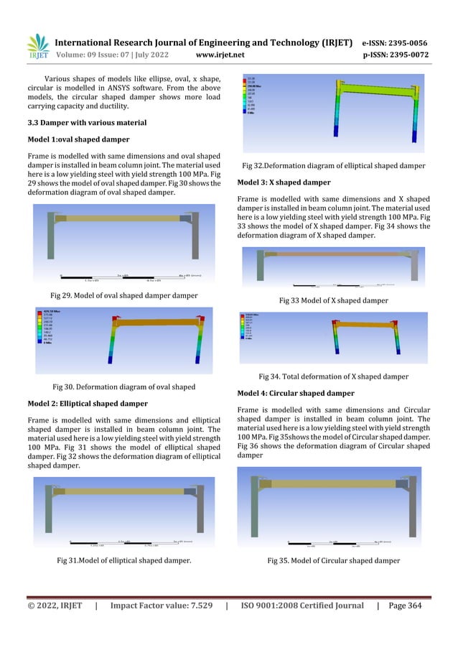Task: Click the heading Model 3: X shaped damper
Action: click(284, 182)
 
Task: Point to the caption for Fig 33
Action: click(333, 300)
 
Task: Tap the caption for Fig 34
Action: click(333, 376)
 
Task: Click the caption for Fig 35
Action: click(333, 560)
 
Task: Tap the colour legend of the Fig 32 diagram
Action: click(255, 98)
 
